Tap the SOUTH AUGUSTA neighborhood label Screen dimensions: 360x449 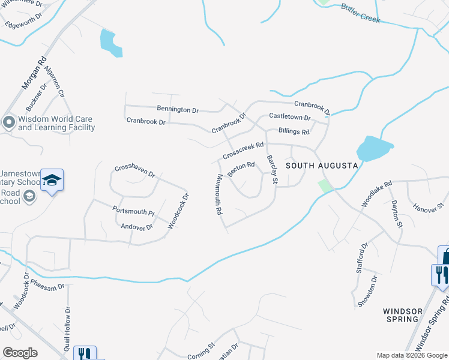click(322, 165)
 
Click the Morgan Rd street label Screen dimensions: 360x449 click(35, 73)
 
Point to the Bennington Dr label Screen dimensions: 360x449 click(178, 110)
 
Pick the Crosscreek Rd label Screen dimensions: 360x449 click(243, 150)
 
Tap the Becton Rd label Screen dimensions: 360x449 click(242, 167)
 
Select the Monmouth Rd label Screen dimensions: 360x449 click(218, 194)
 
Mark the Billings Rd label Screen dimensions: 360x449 click(294, 131)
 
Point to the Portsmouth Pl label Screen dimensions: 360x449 click(133, 212)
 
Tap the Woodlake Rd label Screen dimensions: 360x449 click(376, 194)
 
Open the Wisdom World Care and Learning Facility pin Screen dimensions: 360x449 click(8, 123)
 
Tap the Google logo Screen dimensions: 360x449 click(20, 353)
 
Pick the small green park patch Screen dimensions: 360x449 click(325, 186)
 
